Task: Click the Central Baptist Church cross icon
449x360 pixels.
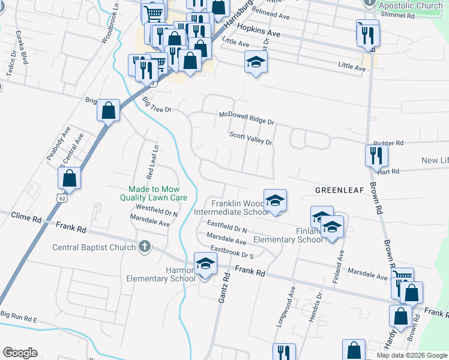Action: [x=144, y=247]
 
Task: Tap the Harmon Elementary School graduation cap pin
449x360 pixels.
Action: [x=205, y=264]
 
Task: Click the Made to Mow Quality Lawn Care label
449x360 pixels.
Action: [x=154, y=193]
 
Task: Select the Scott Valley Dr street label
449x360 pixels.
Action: [x=251, y=139]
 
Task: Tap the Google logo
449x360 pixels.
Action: [x=20, y=353]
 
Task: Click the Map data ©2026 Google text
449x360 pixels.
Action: [x=411, y=355]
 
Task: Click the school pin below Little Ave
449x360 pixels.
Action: [x=256, y=62]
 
